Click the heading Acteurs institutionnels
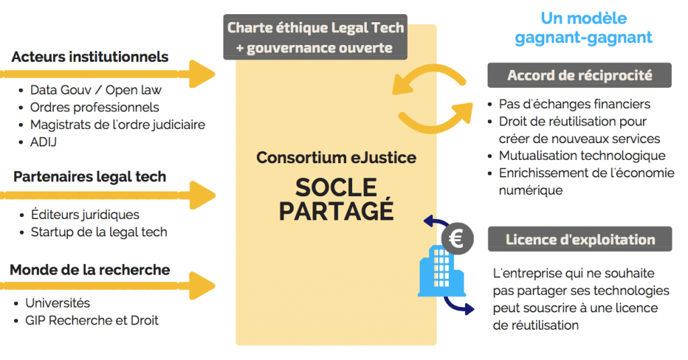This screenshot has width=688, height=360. pyautogui.click(x=89, y=56)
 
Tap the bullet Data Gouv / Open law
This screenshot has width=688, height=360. pyautogui.click(x=95, y=90)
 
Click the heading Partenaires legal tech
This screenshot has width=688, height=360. pyautogui.click(x=89, y=177)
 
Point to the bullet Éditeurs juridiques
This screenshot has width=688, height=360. pyautogui.click(x=85, y=215)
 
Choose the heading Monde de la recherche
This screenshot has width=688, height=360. pyautogui.click(x=89, y=270)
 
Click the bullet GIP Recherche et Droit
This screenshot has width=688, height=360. pyautogui.click(x=91, y=320)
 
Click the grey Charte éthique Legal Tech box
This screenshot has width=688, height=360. pyautogui.click(x=316, y=38)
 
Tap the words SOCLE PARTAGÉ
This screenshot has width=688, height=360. pyautogui.click(x=336, y=199)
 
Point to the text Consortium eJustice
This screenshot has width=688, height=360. pyautogui.click(x=336, y=159)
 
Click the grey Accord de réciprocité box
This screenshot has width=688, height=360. pyautogui.click(x=579, y=75)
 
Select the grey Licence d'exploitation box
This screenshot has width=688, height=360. pyautogui.click(x=579, y=239)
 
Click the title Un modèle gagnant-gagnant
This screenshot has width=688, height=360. pyautogui.click(x=583, y=28)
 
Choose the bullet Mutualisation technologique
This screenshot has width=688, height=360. pyautogui.click(x=582, y=156)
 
